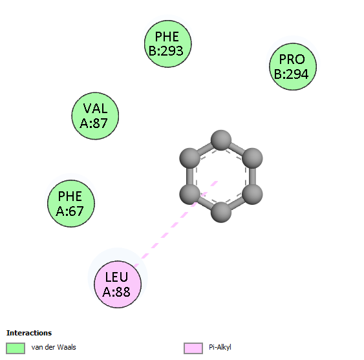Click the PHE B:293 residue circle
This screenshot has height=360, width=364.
(x=168, y=44)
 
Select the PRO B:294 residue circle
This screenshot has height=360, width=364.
(x=293, y=67)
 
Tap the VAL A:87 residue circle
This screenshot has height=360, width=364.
(x=95, y=116)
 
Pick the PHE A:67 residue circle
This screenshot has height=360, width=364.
(x=71, y=204)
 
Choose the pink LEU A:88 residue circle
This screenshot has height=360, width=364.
(x=118, y=284)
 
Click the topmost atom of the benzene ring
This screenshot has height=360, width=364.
(x=221, y=140)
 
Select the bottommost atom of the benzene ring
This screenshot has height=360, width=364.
(x=221, y=212)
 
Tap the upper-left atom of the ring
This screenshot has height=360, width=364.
(x=189, y=158)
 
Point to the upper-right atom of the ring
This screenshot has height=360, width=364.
(x=252, y=158)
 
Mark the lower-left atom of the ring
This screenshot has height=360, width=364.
(x=189, y=195)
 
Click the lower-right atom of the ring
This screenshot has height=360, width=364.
(x=252, y=195)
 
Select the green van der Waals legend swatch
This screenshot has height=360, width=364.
(x=16, y=348)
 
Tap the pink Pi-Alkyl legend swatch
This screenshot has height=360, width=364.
(x=193, y=348)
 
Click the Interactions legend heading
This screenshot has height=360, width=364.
(x=29, y=333)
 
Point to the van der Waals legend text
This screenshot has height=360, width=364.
(x=54, y=347)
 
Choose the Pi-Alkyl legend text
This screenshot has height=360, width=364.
(x=220, y=348)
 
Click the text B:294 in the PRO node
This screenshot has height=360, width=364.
(x=292, y=74)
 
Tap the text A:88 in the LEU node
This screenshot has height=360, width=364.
(x=116, y=291)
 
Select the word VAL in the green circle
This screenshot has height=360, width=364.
(x=96, y=108)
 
